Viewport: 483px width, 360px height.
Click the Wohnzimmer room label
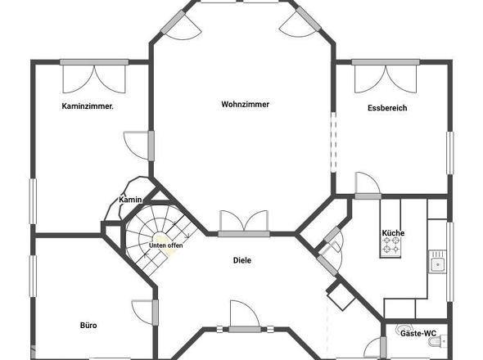[x=246, y=105]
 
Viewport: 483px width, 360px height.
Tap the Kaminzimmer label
[x=88, y=106]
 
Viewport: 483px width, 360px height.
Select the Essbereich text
[x=387, y=108]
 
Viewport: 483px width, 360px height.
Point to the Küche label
[x=393, y=233]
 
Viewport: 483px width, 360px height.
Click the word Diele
[x=242, y=260]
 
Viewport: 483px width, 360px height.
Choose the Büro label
[x=88, y=326]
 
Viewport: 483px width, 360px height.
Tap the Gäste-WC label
[x=418, y=333]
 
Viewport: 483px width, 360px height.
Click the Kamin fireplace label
[x=130, y=200]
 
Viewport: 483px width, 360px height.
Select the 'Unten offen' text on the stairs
[x=165, y=245]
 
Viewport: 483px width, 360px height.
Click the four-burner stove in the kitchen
[x=390, y=245]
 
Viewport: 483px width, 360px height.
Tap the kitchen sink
[x=437, y=262]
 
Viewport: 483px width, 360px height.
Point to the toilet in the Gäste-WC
[x=439, y=341]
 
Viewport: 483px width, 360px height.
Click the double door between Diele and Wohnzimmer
[x=244, y=223]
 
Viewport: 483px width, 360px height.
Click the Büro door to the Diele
[x=145, y=313]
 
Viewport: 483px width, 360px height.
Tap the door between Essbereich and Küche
[x=368, y=186]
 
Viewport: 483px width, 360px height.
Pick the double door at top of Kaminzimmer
[x=94, y=76]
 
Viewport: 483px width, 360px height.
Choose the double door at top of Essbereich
[x=386, y=76]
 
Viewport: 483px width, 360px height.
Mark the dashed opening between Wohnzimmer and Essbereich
[x=333, y=142]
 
